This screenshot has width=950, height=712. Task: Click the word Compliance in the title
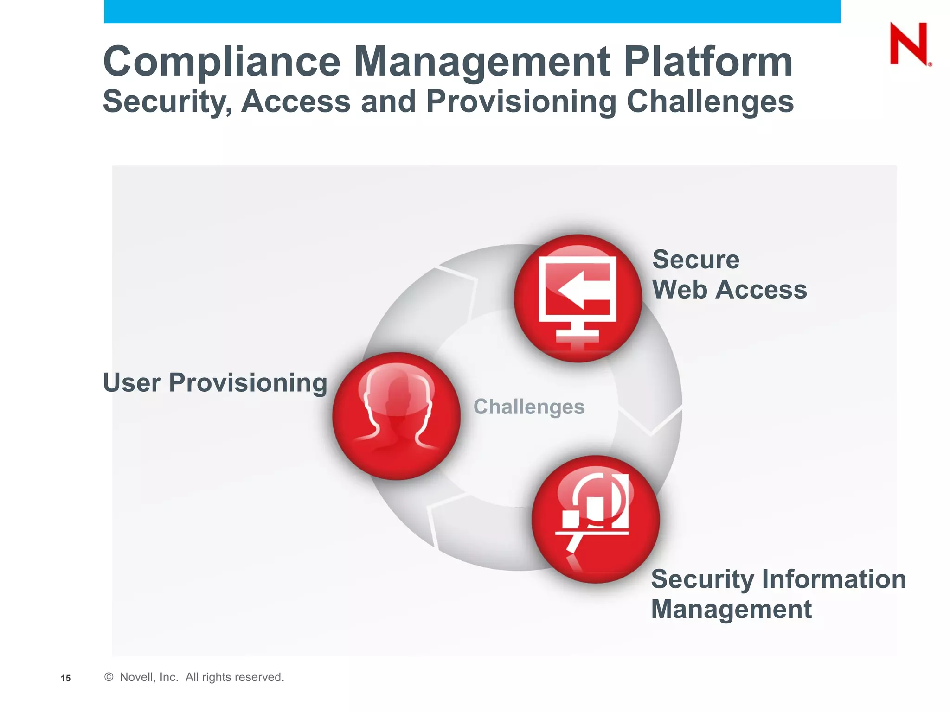click(x=222, y=62)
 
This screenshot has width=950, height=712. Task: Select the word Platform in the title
click(x=708, y=62)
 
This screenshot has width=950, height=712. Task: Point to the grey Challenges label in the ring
click(x=529, y=407)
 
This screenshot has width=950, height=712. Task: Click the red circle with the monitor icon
click(x=578, y=298)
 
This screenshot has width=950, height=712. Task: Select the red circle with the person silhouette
click(x=396, y=416)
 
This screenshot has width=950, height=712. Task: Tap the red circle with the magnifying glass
click(x=596, y=519)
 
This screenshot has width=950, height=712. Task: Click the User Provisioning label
click(x=215, y=383)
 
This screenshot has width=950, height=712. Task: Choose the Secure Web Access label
click(x=729, y=274)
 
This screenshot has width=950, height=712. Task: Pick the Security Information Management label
click(x=778, y=594)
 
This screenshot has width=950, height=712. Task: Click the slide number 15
click(x=66, y=678)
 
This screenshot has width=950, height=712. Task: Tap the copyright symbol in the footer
click(x=109, y=677)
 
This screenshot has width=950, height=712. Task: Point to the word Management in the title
click(x=482, y=62)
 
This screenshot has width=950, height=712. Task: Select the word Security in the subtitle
click(x=167, y=102)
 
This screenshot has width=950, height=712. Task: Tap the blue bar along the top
click(x=472, y=11)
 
